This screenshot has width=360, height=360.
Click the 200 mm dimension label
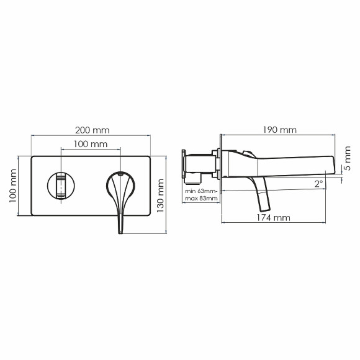[x=91, y=130]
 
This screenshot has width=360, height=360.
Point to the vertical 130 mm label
[x=160, y=194]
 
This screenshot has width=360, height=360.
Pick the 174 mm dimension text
[x=272, y=218]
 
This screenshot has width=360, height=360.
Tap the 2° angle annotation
[x=318, y=184]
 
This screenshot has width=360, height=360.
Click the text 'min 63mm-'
[x=201, y=191]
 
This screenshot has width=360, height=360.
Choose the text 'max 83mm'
[x=201, y=199]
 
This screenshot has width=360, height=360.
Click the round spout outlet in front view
[x=61, y=186]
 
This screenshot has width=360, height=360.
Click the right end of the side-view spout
[x=335, y=167]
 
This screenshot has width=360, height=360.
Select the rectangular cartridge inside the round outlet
[x=61, y=186]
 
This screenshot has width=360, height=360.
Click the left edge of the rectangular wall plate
[x=30, y=186]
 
